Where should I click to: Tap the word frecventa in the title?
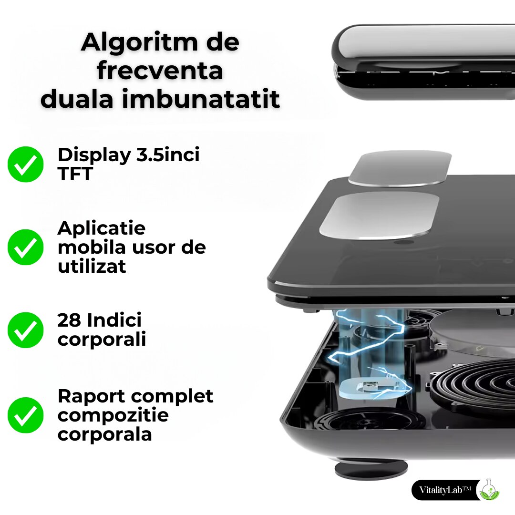(160, 71)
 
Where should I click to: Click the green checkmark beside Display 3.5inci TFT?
(26, 164)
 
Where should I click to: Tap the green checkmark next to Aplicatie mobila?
(26, 247)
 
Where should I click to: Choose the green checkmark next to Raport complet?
(26, 415)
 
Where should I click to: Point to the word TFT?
(75, 175)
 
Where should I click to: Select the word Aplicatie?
(102, 228)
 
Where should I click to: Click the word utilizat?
(92, 266)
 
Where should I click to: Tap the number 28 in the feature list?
(69, 320)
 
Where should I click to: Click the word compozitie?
(113, 415)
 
